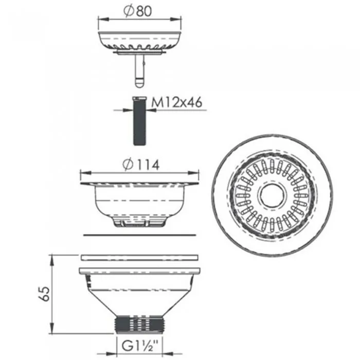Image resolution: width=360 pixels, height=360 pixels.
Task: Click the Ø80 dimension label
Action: coord(138,11)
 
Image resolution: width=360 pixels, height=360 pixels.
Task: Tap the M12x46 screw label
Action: coord(177,102)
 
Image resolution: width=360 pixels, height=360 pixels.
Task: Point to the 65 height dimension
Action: coord(44,294)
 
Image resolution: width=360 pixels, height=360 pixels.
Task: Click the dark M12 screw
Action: coord(139,121)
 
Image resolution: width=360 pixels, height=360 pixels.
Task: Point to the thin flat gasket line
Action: coord(139,235)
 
